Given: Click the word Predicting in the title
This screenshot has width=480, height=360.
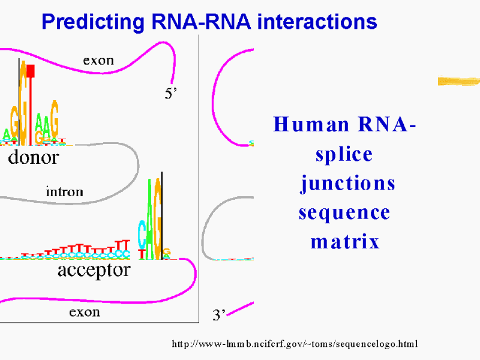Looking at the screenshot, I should [89, 23].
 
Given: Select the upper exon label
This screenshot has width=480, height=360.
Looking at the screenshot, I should [98, 61].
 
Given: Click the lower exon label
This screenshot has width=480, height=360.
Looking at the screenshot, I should [85, 312].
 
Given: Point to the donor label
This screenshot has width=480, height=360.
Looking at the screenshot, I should [34, 158].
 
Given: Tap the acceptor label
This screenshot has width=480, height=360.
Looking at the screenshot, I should [94, 270].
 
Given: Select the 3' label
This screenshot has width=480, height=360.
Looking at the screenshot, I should [219, 315].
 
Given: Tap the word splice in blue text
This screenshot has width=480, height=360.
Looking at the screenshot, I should [344, 154].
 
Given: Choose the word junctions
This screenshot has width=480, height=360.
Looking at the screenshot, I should [347, 183].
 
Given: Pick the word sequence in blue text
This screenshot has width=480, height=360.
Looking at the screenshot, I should [344, 212].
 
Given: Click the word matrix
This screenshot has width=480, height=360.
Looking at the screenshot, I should [345, 242].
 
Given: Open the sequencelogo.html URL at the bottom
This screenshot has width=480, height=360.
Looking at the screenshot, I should [295, 344].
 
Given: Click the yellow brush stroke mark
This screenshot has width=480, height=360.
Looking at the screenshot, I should [458, 81].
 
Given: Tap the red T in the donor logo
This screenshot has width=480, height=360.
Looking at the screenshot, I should [31, 102].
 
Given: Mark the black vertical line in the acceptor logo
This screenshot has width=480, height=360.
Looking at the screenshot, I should [162, 216].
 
